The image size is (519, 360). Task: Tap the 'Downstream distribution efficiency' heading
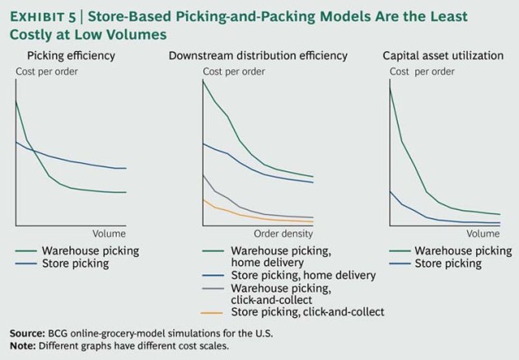point(258,56)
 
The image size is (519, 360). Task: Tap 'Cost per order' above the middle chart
point(235,73)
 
